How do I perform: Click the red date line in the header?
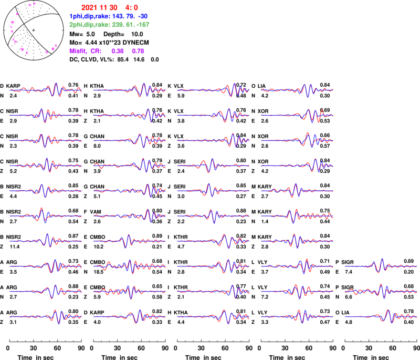pyautogui.click(x=109, y=8)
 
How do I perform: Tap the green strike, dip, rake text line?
pyautogui.click(x=109, y=24)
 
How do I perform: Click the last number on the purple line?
pyautogui.click(x=138, y=52)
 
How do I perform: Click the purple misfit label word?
pyautogui.click(x=78, y=52)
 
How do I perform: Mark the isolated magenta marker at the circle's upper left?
pyautogui.click(x=17, y=14)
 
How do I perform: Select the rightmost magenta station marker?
pyautogui.click(x=56, y=46)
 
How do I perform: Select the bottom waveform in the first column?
pyautogui.click(x=45, y=316)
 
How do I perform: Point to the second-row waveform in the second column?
pyautogui.click(x=129, y=115)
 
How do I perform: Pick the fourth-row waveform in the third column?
pyautogui.click(x=213, y=165)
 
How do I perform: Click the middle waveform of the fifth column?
pyautogui.click(x=381, y=291)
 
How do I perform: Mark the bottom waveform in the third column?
pyautogui.click(x=213, y=316)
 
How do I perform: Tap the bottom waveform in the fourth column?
pyautogui.click(x=297, y=316)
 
